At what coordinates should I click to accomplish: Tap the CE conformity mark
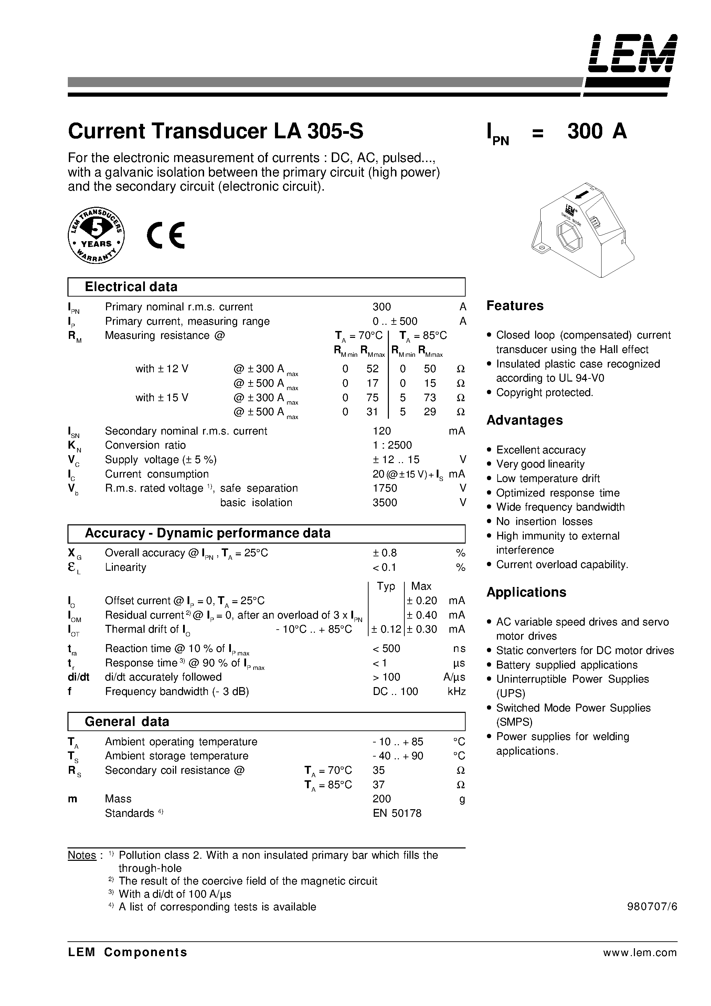click(x=166, y=235)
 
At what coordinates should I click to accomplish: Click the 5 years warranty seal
click(x=96, y=235)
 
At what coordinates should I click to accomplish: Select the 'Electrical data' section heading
click(x=131, y=287)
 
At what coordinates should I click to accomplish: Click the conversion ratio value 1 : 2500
click(x=392, y=445)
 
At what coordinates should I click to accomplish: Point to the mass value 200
click(x=381, y=799)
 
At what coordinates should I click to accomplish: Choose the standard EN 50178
click(x=397, y=813)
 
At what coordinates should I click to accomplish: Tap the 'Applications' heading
click(x=526, y=592)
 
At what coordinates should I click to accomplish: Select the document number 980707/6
click(x=652, y=907)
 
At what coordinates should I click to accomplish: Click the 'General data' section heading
click(x=127, y=721)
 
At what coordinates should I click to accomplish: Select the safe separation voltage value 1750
click(x=384, y=488)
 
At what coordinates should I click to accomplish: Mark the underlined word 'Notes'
click(x=82, y=855)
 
